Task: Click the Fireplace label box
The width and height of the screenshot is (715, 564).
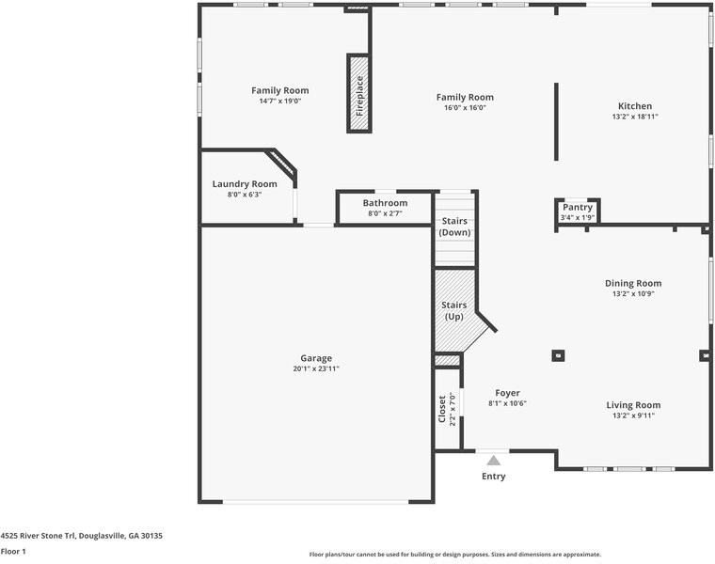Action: (358, 93)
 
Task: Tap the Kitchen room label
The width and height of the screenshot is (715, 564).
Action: (634, 106)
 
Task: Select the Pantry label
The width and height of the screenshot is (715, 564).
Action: (578, 207)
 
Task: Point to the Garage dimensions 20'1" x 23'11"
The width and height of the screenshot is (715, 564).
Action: (316, 369)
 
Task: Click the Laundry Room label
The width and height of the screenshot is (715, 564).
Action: (245, 184)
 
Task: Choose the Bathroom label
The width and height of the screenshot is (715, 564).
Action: (386, 203)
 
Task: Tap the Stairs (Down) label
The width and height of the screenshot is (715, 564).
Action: (454, 227)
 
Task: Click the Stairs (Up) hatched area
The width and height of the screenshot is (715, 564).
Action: (456, 310)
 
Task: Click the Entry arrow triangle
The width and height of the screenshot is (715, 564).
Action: (494, 460)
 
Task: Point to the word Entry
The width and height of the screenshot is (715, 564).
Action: (494, 477)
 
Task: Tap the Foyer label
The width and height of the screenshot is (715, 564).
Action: (507, 393)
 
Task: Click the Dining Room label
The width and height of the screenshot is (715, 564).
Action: (632, 283)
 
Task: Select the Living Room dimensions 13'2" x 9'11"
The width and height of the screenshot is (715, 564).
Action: (633, 415)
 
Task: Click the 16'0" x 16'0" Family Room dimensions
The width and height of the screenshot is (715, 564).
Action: (465, 108)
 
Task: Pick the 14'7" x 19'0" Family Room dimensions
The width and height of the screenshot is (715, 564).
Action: (279, 102)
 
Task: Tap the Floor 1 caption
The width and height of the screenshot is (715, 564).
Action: (13, 552)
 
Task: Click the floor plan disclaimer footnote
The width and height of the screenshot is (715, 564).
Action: (455, 555)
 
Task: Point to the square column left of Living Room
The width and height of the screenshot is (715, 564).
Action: (558, 355)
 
